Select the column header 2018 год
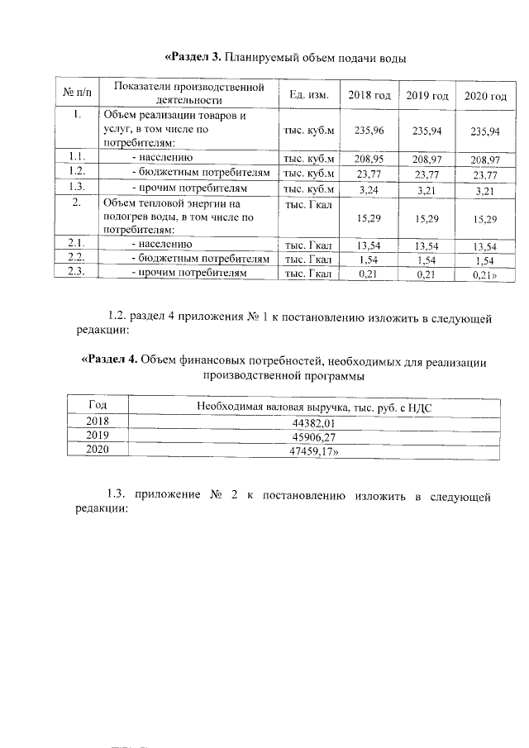pyautogui.click(x=369, y=96)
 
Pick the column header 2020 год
pyautogui.click(x=485, y=97)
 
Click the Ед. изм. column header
pyautogui.click(x=309, y=95)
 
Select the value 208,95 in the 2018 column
pyautogui.click(x=369, y=158)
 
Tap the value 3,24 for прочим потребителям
pyautogui.click(x=369, y=188)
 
